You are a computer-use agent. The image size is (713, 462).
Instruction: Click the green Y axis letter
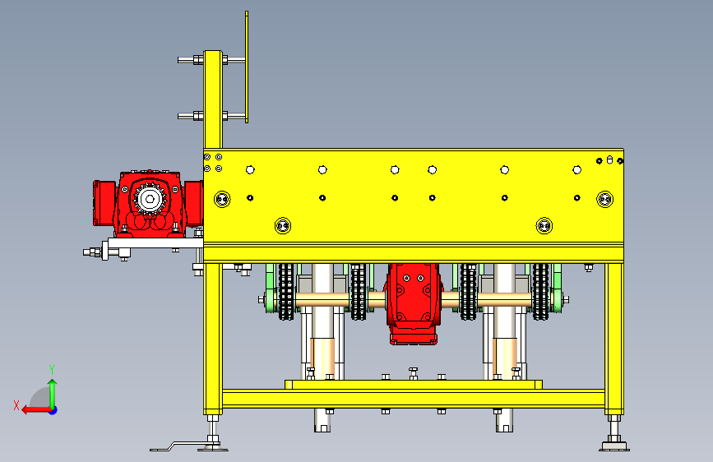(52, 369)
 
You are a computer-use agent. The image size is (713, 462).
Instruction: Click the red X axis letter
(16, 405)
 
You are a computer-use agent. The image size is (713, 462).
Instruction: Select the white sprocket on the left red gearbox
(149, 199)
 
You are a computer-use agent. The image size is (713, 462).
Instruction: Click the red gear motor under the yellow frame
(413, 303)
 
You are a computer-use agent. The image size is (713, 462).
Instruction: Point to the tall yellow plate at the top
(247, 67)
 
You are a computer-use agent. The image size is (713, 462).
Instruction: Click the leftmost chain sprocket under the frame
(286, 292)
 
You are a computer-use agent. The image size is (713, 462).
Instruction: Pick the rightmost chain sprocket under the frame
(540, 292)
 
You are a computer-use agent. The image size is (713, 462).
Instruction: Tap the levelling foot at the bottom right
(613, 433)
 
